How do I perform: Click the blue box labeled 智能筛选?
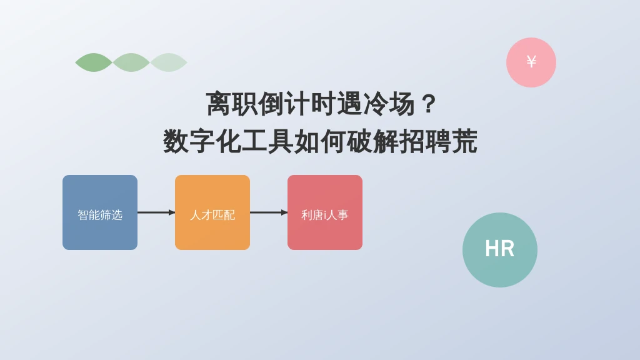(x=100, y=212)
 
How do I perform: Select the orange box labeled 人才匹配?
(x=212, y=212)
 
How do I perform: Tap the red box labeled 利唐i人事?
(x=325, y=212)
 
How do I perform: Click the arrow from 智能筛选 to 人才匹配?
(x=156, y=212)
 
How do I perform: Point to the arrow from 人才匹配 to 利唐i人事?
(x=269, y=212)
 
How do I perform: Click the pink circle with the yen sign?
(x=531, y=62)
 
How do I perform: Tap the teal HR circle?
(x=499, y=250)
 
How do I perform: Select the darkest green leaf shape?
(x=94, y=62)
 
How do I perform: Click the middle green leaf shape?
(x=131, y=62)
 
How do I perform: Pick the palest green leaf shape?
(x=169, y=62)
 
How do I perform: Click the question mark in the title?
(x=428, y=104)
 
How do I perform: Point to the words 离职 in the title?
(x=231, y=104)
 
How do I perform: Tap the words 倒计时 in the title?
(x=297, y=104)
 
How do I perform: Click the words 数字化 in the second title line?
(x=202, y=141)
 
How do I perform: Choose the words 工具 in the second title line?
(x=267, y=141)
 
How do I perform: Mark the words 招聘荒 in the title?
(x=438, y=141)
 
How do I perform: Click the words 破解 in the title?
(x=372, y=141)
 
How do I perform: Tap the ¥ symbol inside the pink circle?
(x=531, y=62)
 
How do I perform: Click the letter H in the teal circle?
(x=492, y=248)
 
